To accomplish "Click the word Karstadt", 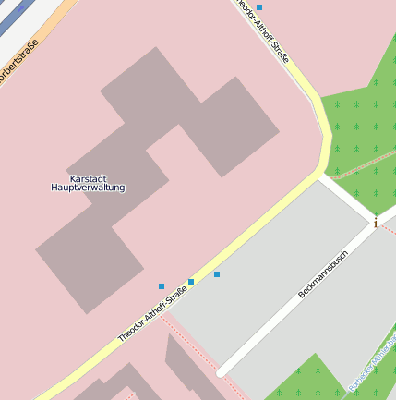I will click(x=89, y=178).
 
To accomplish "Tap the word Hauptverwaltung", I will click(x=88, y=188).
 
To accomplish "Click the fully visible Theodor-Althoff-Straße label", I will click(x=152, y=314).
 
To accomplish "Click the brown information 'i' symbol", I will click(x=375, y=222).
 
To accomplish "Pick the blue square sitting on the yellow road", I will click(x=191, y=281).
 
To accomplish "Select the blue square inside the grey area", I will click(x=217, y=274).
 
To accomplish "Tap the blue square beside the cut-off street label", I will click(x=259, y=7).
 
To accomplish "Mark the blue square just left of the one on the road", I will click(x=162, y=286).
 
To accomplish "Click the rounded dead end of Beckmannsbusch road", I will click(x=222, y=370).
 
